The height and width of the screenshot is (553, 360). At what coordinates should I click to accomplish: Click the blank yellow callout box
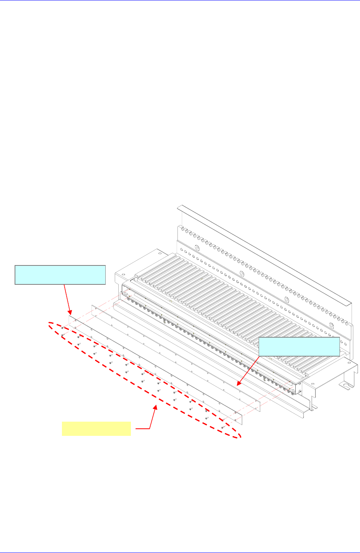[x=96, y=429]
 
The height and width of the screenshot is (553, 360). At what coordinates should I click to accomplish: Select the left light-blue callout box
[x=60, y=275]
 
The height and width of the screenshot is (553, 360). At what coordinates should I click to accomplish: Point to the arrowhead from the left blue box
[x=69, y=313]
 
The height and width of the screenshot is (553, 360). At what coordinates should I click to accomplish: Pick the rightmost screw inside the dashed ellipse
[x=223, y=427]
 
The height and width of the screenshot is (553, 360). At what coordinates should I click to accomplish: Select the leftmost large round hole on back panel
[x=196, y=248]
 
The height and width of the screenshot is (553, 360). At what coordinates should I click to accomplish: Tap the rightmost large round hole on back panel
[x=331, y=325]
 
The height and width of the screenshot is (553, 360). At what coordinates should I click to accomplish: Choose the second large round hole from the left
[x=242, y=274]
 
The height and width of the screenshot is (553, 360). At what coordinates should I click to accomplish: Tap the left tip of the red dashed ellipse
[x=48, y=325]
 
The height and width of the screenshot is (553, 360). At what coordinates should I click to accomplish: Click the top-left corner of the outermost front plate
[x=70, y=315]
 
